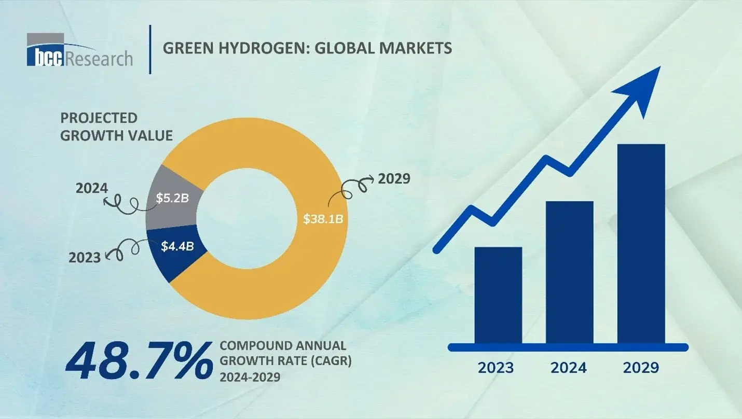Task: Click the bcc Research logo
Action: click(x=79, y=50)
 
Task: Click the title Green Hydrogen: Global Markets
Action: click(x=307, y=48)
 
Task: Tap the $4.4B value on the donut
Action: click(x=177, y=246)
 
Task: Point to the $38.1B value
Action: click(x=323, y=218)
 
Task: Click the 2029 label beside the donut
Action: click(x=394, y=179)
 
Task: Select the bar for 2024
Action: click(x=569, y=272)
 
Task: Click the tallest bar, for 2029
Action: click(x=641, y=244)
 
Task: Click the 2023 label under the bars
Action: click(x=496, y=368)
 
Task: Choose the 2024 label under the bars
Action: click(x=569, y=368)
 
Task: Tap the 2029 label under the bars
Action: click(x=641, y=368)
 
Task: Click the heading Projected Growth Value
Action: click(x=116, y=127)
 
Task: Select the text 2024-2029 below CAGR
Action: click(x=250, y=377)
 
